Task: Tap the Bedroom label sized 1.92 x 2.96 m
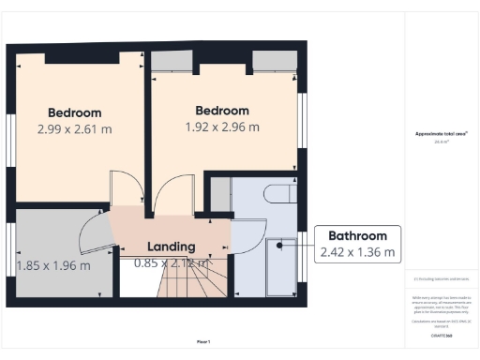[220, 110]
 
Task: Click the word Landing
[172, 247]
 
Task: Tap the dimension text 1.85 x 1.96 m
[54, 265]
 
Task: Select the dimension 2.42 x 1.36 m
[357, 252]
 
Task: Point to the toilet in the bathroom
[279, 194]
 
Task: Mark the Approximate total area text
[440, 135]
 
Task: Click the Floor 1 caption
[203, 340]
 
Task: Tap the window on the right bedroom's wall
[303, 117]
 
